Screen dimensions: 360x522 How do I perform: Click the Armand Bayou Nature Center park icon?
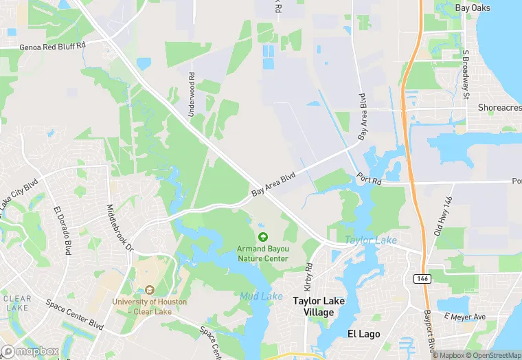pyautogui.click(x=262, y=237)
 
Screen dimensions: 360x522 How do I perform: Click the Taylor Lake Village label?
pyautogui.click(x=319, y=306)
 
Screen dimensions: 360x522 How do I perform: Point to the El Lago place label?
pyautogui.click(x=363, y=334)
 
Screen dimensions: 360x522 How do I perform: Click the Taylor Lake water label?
pyautogui.click(x=370, y=240)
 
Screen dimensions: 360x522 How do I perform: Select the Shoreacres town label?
pyautogui.click(x=499, y=108)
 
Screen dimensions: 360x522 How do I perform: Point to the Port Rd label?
pyautogui.click(x=368, y=179)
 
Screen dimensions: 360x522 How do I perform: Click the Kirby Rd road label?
pyautogui.click(x=308, y=275)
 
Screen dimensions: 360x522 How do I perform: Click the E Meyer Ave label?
pyautogui.click(x=465, y=317)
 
